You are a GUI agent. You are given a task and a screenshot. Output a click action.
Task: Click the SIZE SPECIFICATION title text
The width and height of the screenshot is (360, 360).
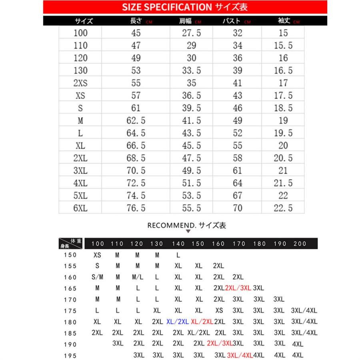coord(167,7)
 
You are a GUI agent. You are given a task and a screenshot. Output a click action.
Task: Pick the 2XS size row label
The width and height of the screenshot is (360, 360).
coord(80,83)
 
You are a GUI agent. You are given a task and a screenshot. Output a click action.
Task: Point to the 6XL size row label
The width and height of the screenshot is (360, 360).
coord(80,208)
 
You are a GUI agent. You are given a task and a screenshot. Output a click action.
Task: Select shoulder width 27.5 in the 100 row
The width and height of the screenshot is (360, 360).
coord(191,33)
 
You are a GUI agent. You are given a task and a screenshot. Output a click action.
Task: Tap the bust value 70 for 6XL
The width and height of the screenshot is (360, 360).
coord(237,208)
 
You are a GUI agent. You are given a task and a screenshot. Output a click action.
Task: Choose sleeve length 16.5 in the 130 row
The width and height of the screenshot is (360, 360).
coord(283,71)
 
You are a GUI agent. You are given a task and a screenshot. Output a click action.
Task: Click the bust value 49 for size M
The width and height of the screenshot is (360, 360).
coord(237,121)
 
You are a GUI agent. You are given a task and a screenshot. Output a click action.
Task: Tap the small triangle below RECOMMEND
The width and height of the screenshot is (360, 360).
coord(188,231)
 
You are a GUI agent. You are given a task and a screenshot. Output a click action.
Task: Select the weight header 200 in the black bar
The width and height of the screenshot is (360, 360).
coord(300,244)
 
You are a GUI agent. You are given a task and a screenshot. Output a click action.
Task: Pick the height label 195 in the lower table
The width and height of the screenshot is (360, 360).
coord(69,355)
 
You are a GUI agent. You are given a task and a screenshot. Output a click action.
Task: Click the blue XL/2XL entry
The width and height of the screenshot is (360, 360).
coord(177,321)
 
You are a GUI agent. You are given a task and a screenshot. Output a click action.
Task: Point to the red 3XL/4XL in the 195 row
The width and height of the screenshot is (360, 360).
coord(240,355)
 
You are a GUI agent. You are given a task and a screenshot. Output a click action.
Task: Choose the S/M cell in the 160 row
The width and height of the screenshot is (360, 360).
coord(97,277)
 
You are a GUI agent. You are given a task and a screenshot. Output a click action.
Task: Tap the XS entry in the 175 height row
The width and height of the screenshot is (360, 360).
coord(219,310)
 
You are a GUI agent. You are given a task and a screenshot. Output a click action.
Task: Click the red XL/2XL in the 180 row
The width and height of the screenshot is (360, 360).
coord(202,321)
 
